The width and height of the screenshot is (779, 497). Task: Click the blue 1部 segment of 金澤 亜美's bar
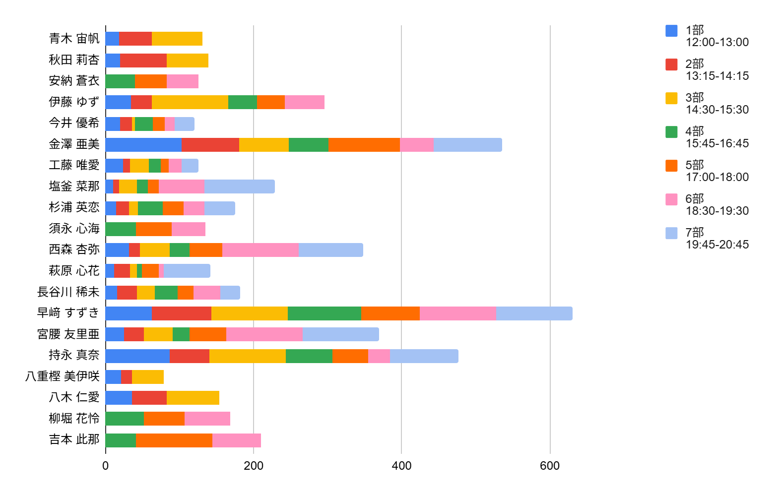pos(143,145)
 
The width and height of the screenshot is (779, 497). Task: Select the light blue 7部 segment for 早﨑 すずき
pos(534,313)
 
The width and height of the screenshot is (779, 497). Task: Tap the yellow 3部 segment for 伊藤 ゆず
pos(190,102)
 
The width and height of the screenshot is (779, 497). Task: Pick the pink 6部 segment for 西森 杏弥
pos(260,250)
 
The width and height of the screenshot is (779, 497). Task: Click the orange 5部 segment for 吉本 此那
pos(174,440)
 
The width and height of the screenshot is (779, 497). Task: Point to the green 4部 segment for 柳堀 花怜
pos(125,419)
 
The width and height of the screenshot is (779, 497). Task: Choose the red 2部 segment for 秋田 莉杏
pos(143,61)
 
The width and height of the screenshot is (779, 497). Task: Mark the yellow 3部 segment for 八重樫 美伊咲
pos(148,377)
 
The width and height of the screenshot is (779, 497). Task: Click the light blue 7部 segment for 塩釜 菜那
pos(240,186)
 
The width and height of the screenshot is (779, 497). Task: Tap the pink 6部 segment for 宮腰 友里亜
pos(264,334)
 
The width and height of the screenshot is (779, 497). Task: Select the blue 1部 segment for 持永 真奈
pos(137,356)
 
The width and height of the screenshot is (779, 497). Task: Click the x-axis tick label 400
pos(401,466)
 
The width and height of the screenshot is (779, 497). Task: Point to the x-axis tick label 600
pos(550,466)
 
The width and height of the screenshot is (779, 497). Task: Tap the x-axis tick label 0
pos(106,466)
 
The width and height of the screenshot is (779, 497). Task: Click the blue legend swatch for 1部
pos(671,31)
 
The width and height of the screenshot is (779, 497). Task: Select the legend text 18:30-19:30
pos(717,211)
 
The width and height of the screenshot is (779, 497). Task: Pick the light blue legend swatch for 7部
pos(671,233)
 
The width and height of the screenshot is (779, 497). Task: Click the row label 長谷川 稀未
pos(68,292)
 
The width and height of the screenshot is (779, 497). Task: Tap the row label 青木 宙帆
pos(74,39)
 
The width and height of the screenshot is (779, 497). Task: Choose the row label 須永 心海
pos(74,229)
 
